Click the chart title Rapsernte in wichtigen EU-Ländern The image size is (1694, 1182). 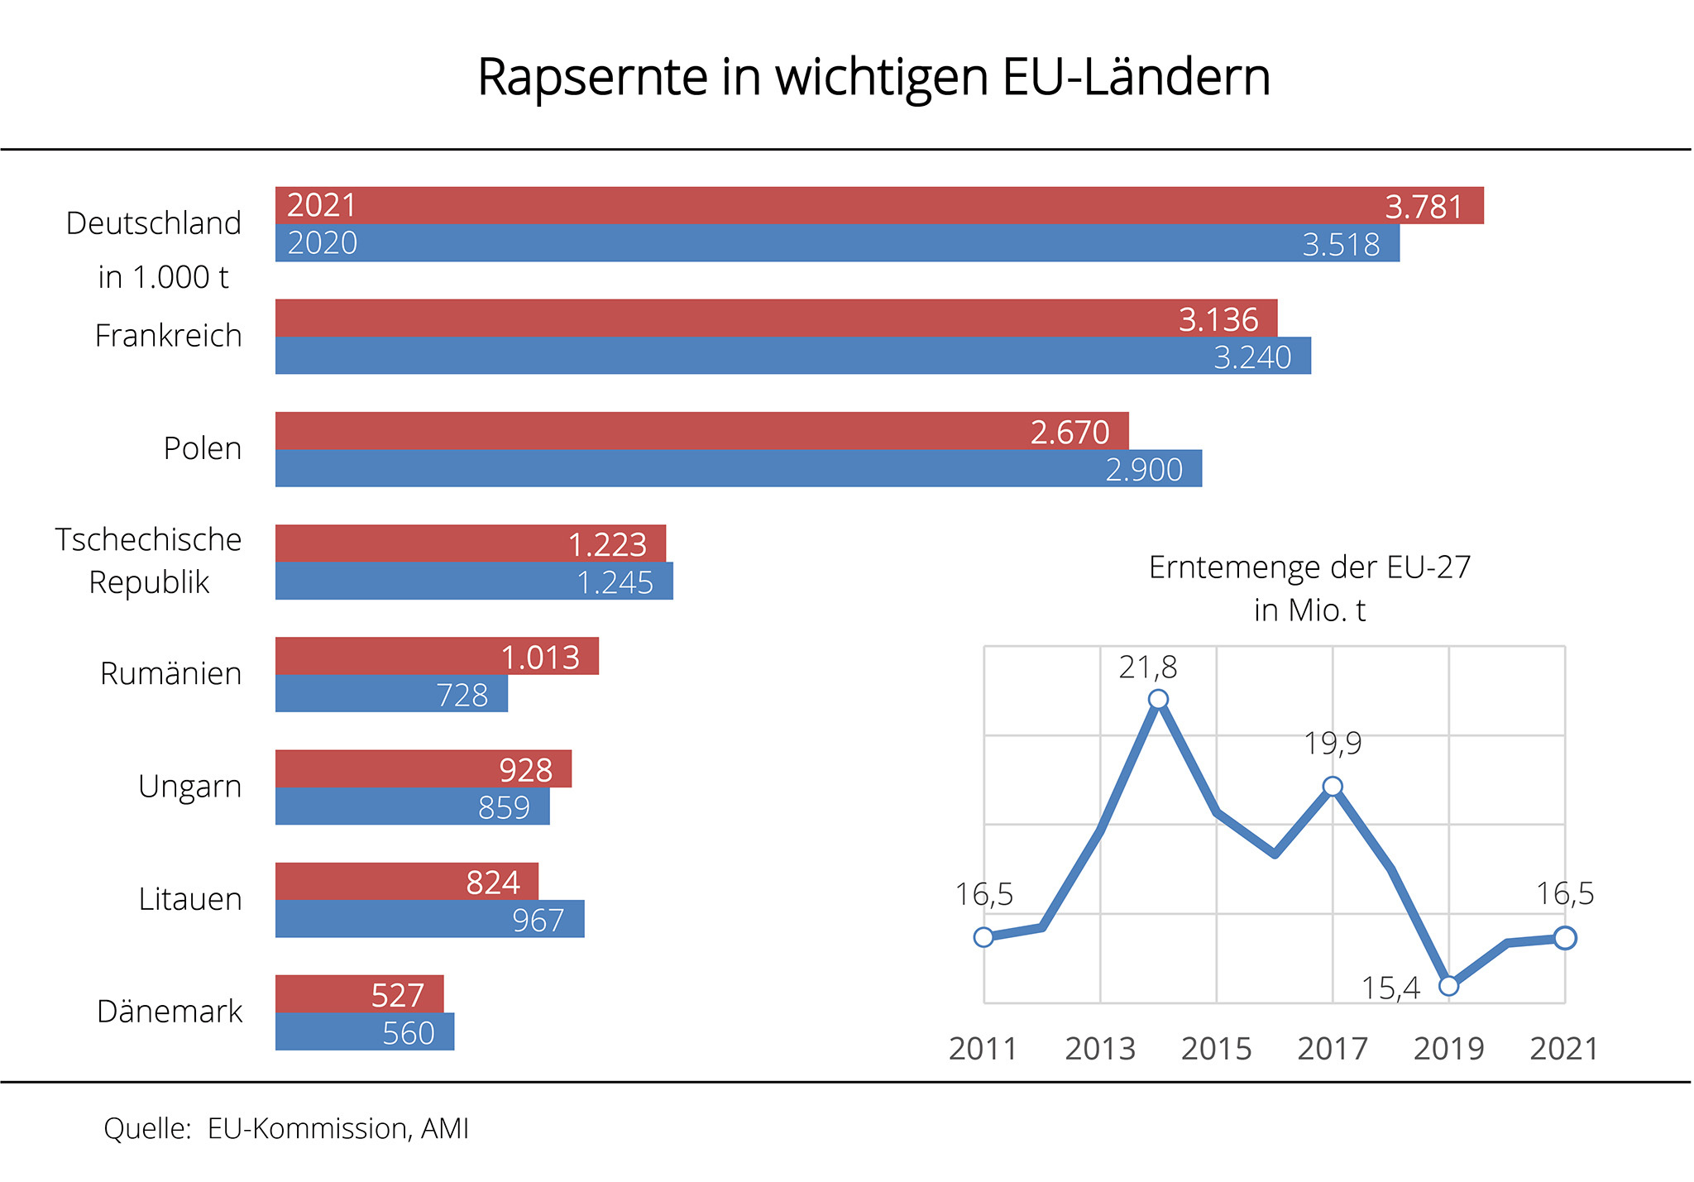tap(873, 77)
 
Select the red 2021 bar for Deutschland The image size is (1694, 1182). tap(878, 205)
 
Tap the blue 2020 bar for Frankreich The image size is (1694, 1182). tap(792, 356)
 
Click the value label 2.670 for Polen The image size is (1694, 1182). tap(1069, 432)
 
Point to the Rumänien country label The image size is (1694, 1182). tap(170, 673)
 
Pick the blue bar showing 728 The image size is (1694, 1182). tap(391, 694)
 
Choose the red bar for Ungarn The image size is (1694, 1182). tap(423, 768)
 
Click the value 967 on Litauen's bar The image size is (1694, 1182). tap(538, 920)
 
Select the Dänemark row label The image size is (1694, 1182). tap(170, 1012)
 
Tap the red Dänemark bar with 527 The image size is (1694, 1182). tap(359, 994)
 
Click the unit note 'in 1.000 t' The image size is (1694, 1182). tap(163, 277)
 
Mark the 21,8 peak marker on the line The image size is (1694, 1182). tap(1158, 700)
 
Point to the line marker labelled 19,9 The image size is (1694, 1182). tap(1333, 787)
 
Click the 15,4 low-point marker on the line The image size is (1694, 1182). tap(1448, 985)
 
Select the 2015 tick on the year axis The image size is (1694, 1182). tap(1216, 1049)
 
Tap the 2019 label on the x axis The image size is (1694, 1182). tap(1448, 1049)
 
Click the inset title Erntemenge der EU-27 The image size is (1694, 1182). tap(1309, 567)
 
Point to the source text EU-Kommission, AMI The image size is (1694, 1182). tap(337, 1128)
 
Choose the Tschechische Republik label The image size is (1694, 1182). tap(149, 561)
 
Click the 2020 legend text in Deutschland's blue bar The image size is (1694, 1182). tap(323, 243)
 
